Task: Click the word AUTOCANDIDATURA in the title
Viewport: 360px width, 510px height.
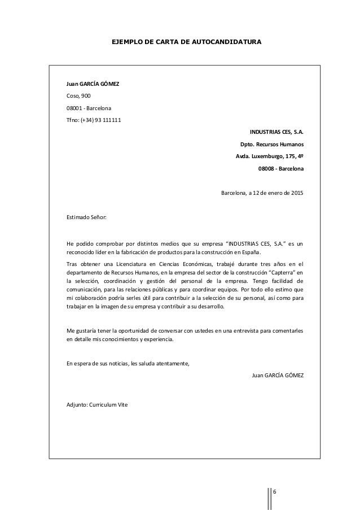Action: point(228,42)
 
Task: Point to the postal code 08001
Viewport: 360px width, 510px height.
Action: point(75,108)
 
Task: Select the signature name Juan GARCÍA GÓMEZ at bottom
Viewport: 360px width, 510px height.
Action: point(277,375)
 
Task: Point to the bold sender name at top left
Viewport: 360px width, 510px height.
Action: point(93,85)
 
